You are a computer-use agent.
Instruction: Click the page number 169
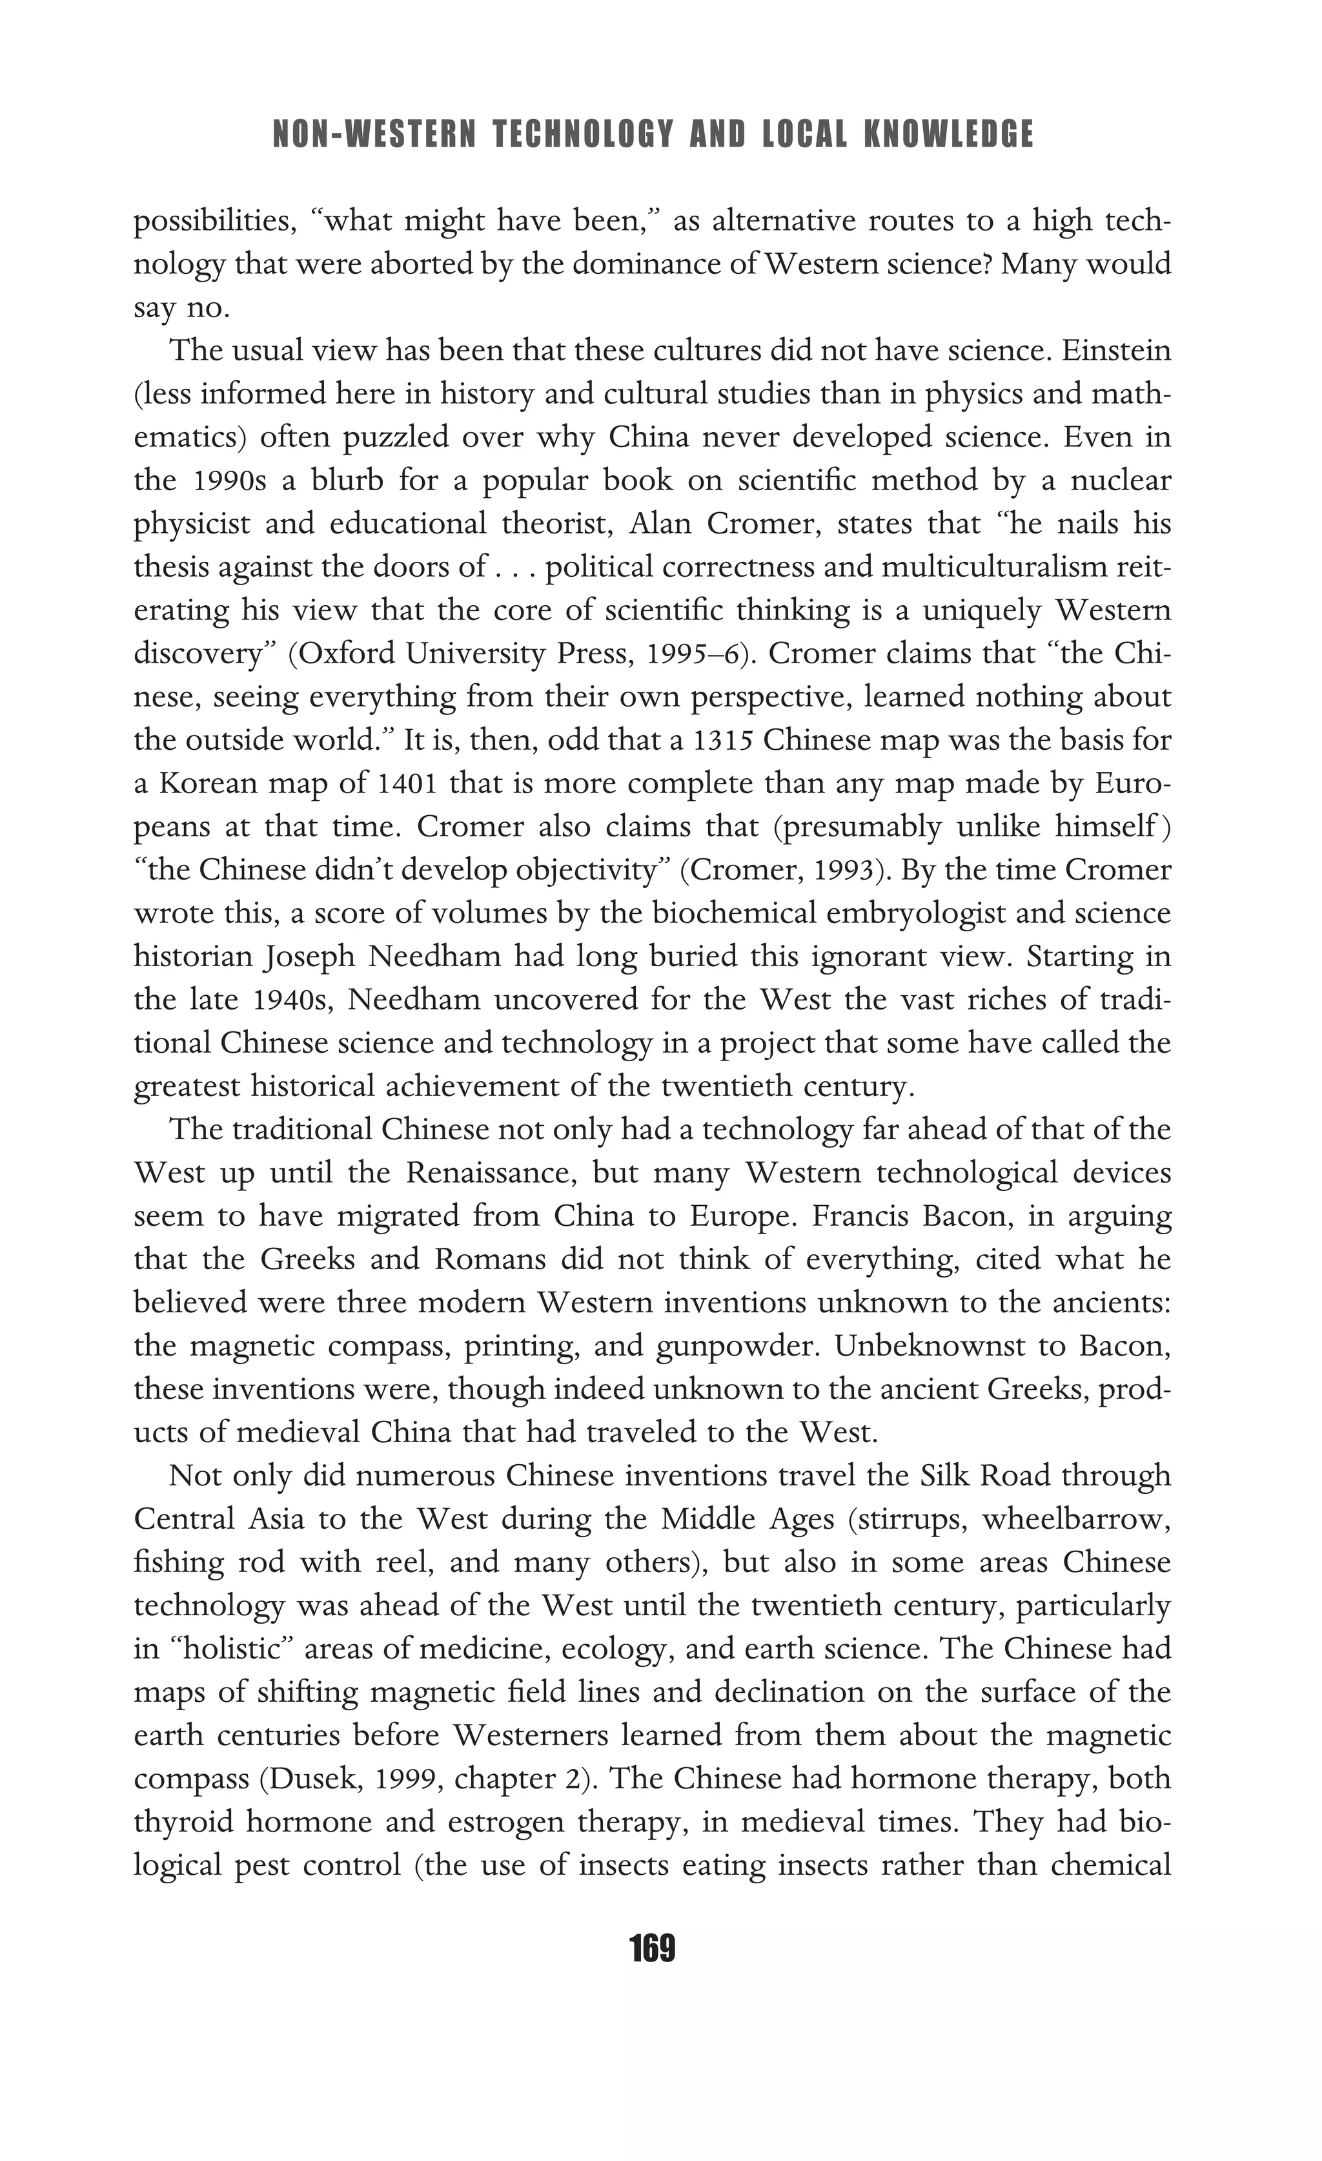click(x=652, y=1949)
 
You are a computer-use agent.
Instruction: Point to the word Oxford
click(x=338, y=654)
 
